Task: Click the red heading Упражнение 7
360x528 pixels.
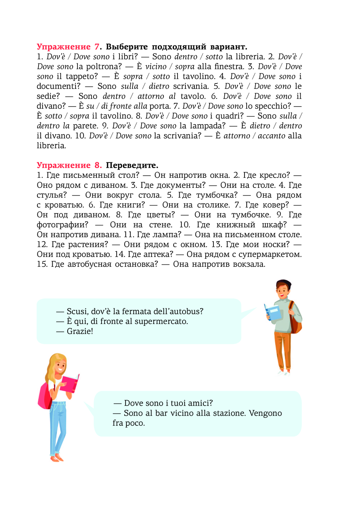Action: pos(68,47)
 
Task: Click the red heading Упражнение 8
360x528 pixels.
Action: pos(69,165)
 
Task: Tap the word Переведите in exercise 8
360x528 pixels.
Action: pos(132,165)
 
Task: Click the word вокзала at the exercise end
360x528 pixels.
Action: pos(249,264)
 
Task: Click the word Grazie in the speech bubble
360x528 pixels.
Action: pos(80,331)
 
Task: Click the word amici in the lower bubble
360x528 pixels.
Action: pos(200,403)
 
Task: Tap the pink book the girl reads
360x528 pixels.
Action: pos(70,383)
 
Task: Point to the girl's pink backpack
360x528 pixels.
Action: pos(45,396)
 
